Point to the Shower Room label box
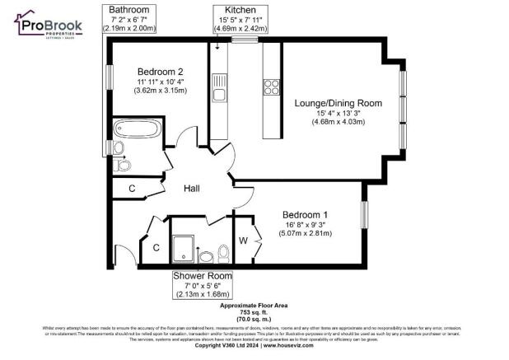pos(203,284)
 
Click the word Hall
pos(191,189)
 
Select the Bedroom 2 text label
pos(156,71)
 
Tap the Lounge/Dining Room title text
pos(338,103)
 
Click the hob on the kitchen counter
pos(271,85)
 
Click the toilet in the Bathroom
pos(122,164)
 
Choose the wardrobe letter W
pos(244,240)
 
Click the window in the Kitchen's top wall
pos(244,40)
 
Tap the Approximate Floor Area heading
pos(254,305)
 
